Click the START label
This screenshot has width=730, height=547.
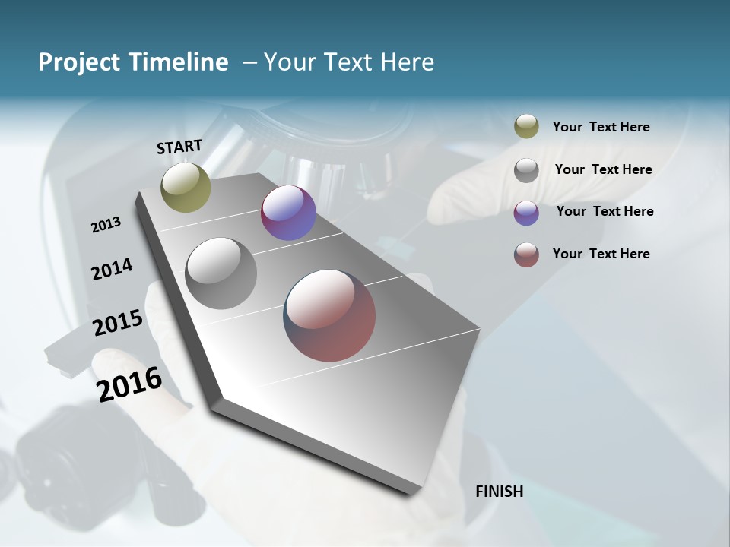179,147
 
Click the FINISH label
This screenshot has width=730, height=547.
499,492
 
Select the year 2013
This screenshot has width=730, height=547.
106,225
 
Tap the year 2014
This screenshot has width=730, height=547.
112,270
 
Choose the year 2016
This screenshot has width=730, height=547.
129,384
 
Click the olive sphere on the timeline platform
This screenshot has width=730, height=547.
186,187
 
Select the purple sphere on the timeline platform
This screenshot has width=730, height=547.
288,213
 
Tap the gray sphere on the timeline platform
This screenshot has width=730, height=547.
221,273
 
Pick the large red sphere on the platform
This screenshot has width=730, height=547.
329,315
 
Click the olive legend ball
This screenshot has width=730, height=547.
526,127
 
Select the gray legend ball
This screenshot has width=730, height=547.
526,170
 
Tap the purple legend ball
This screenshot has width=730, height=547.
526,213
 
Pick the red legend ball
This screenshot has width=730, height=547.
526,255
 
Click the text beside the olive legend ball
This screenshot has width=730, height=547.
601,127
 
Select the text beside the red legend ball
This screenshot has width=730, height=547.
601,254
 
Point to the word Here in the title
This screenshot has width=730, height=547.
406,62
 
